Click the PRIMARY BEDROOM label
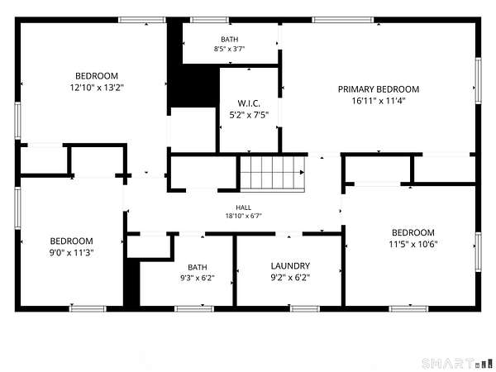[x=379, y=89]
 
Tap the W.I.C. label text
[x=249, y=103]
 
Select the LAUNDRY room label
[x=290, y=265]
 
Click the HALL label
[x=244, y=207]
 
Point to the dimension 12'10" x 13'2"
[x=97, y=88]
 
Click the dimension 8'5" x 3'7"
[x=230, y=49]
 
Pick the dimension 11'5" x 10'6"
[x=413, y=244]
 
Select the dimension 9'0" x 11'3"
[x=71, y=253]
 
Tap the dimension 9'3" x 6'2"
[x=198, y=278]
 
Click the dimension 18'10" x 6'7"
[x=244, y=216]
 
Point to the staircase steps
[x=272, y=174]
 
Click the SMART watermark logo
[x=457, y=363]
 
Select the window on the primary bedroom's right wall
[x=479, y=80]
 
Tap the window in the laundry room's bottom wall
[x=305, y=308]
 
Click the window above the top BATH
[x=209, y=20]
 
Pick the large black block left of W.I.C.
[x=193, y=85]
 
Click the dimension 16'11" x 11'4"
[x=379, y=101]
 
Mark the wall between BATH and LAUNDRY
[x=235, y=270]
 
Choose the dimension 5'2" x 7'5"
[x=249, y=115]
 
